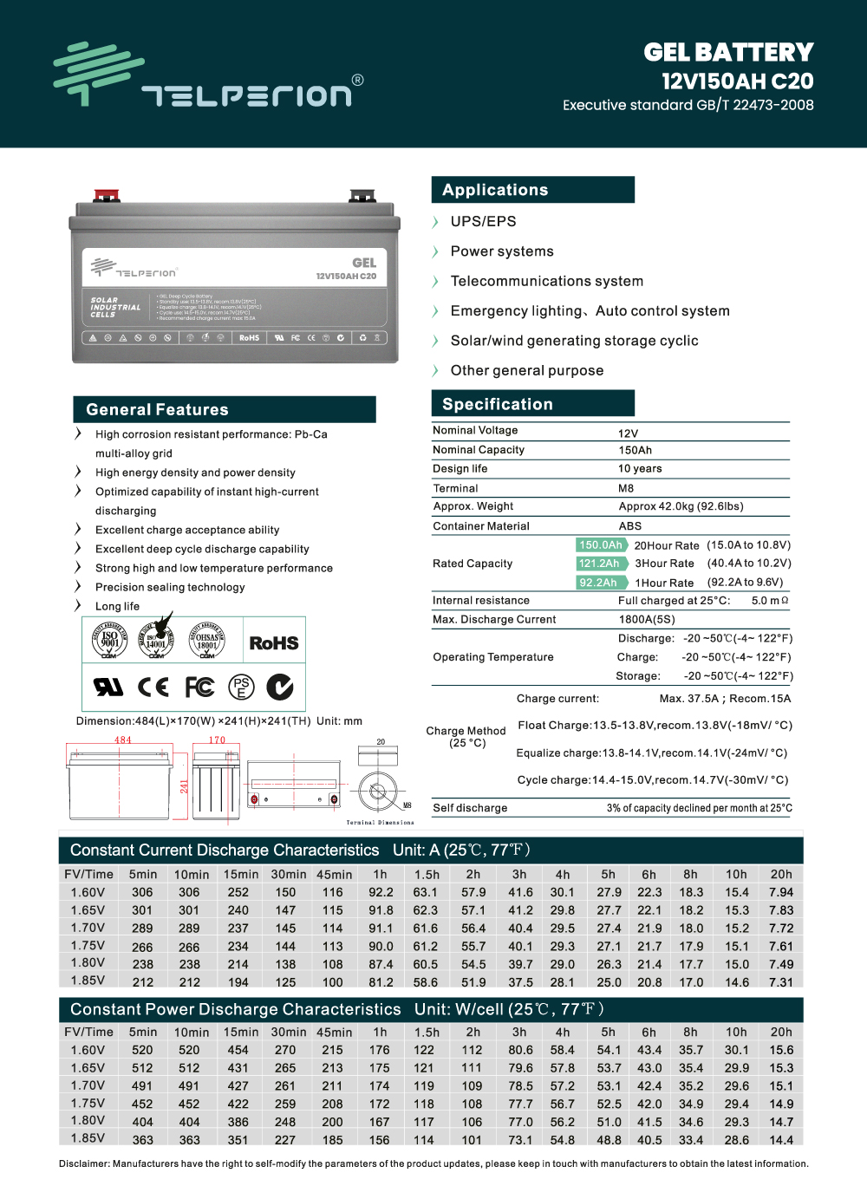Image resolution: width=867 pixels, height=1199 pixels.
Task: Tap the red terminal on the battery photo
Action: tap(107, 195)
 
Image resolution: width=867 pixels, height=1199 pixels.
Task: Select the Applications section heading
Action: tap(495, 190)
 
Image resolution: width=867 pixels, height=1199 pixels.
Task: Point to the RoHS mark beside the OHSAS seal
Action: tap(274, 643)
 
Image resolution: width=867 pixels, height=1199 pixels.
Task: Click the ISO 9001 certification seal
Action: tap(109, 640)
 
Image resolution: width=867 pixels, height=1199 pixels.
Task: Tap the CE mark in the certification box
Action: tap(153, 687)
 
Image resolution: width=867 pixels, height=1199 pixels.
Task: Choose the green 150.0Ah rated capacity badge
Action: tap(601, 545)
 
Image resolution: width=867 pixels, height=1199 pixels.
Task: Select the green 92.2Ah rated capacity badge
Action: tap(598, 583)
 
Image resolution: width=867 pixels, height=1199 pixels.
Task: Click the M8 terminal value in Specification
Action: tap(626, 488)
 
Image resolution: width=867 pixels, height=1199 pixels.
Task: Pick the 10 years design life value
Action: tap(640, 469)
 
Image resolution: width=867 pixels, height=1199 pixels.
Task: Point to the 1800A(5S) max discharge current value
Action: tap(647, 620)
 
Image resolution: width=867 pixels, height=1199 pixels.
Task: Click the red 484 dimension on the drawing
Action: tap(123, 740)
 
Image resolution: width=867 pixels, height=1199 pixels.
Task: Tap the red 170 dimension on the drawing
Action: tap(217, 740)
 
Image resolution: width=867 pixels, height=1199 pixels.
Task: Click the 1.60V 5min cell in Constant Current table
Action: tap(142, 892)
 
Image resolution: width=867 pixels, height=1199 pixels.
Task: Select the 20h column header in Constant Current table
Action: tap(781, 875)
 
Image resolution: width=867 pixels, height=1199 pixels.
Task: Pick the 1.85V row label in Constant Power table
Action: tap(88, 1138)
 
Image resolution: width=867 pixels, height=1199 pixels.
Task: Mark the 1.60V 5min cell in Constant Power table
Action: tap(142, 1050)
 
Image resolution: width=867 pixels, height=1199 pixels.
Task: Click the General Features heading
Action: tap(157, 410)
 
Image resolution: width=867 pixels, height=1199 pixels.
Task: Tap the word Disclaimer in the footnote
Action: tap(84, 1163)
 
